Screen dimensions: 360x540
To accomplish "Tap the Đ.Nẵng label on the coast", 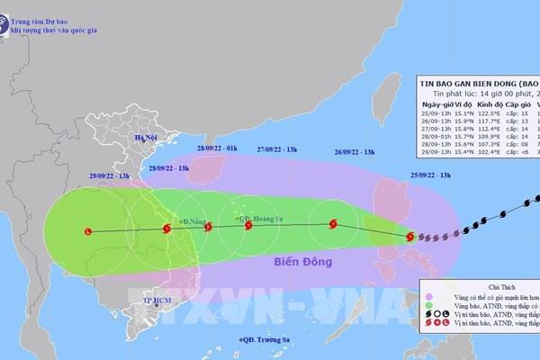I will pyautogui.click(x=193, y=220).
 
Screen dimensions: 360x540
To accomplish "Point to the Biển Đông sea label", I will pyautogui.click(x=299, y=262).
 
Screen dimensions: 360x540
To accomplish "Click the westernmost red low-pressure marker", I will pyautogui.click(x=87, y=232).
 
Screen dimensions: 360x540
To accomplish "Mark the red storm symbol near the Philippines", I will pyautogui.click(x=410, y=237).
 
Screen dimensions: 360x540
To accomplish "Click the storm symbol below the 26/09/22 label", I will pyautogui.click(x=333, y=223).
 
